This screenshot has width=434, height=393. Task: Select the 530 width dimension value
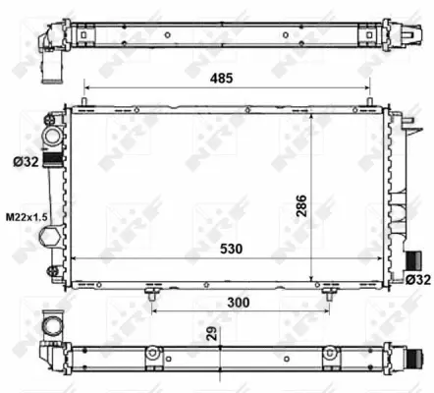pos(232,250)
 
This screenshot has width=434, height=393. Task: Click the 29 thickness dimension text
pos(213,333)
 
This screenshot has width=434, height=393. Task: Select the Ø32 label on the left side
pos(26,161)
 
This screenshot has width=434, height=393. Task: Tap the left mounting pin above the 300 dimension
pos(151,291)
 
